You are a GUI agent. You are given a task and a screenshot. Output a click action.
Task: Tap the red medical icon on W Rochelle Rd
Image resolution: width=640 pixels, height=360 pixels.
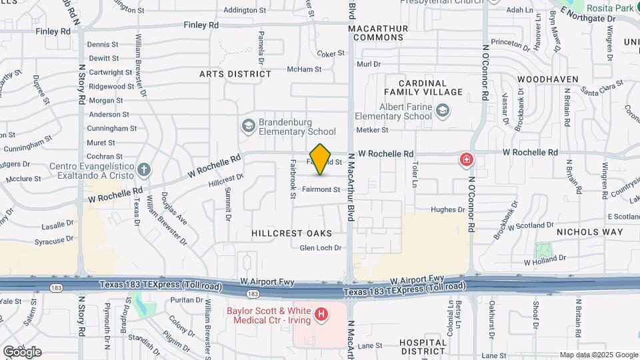pyautogui.click(x=466, y=159)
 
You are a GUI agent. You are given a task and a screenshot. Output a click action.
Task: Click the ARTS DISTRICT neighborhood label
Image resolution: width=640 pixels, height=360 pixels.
pyautogui.click(x=235, y=74)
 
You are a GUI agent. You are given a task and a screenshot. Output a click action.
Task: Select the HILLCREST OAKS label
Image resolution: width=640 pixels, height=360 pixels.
pyautogui.click(x=291, y=233)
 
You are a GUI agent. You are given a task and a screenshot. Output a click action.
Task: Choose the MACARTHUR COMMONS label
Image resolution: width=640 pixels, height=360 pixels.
pyautogui.click(x=389, y=31)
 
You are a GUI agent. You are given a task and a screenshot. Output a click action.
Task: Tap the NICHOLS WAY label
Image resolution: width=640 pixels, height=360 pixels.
pyautogui.click(x=590, y=232)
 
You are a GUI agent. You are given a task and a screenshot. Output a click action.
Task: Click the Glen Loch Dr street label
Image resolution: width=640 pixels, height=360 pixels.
pyautogui.click(x=320, y=248)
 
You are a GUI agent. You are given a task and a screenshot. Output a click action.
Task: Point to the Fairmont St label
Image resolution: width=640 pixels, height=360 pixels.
pyautogui.click(x=321, y=189)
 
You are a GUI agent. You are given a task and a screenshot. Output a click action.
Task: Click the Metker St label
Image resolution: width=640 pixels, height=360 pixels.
pyautogui.click(x=372, y=130)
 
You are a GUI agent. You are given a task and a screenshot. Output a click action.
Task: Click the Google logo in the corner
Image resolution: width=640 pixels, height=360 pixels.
pyautogui.click(x=22, y=351)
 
